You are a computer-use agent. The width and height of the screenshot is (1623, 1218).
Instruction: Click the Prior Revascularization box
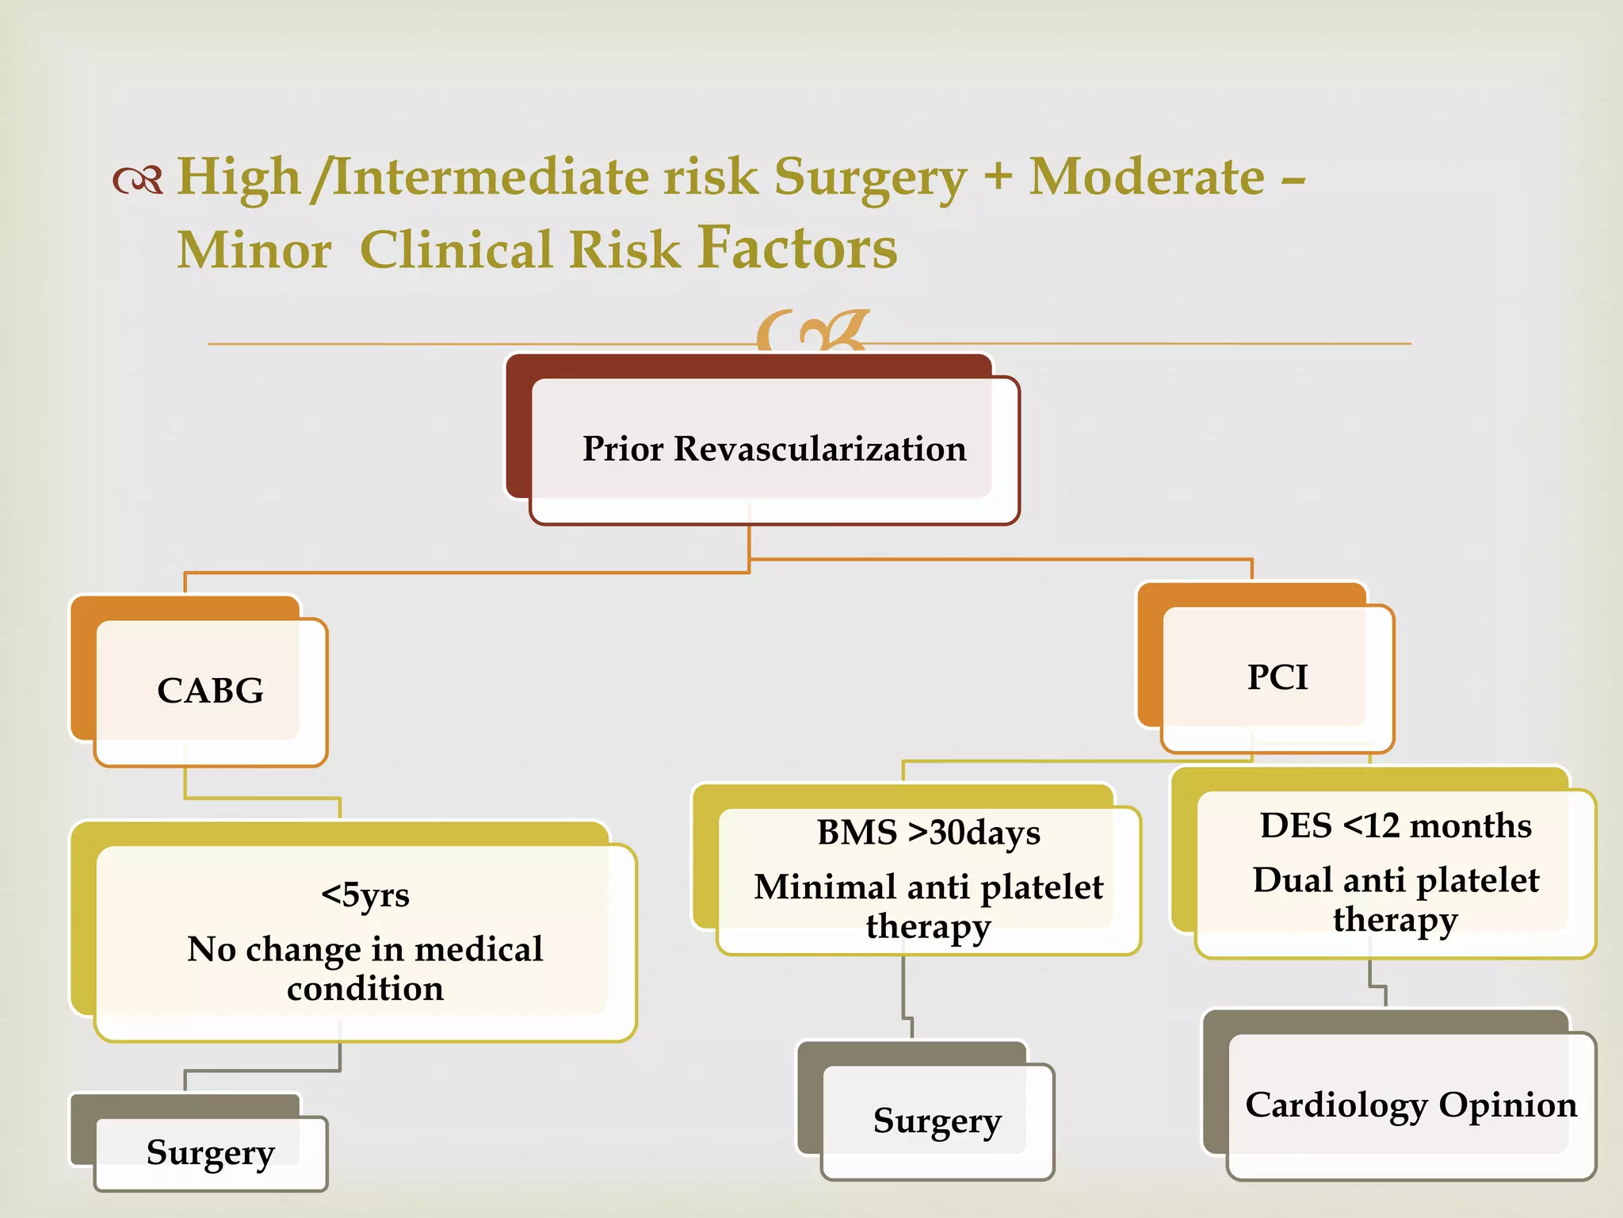tap(773, 449)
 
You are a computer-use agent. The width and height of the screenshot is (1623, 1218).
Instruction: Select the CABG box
tap(210, 691)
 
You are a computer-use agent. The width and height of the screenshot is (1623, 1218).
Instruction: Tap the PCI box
tap(1277, 677)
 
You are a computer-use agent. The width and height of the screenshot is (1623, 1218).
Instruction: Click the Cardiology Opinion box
tap(1411, 1105)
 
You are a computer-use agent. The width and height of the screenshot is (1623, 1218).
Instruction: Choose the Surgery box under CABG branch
tap(210, 1152)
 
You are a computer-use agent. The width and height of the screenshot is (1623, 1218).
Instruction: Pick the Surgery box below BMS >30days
tap(937, 1120)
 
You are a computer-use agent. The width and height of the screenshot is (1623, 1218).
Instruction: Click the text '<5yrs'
tap(365, 894)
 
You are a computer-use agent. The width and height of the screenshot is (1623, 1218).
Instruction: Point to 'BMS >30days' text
tap(928, 833)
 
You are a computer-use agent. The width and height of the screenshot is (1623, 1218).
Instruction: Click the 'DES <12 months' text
tap(1395, 825)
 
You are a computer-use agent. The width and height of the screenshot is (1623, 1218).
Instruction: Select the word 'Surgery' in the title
tap(870, 178)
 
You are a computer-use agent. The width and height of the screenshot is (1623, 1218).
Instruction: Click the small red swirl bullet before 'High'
tap(138, 180)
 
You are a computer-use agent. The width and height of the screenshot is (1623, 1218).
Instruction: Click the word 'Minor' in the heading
tap(254, 251)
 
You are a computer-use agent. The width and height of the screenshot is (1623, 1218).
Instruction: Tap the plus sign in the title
tap(998, 176)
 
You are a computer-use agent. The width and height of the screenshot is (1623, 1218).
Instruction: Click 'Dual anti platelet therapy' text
tap(1395, 899)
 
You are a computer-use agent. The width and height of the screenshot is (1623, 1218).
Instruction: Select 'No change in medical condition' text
tap(365, 968)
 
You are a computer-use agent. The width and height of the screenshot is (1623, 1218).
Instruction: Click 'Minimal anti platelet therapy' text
tap(928, 906)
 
